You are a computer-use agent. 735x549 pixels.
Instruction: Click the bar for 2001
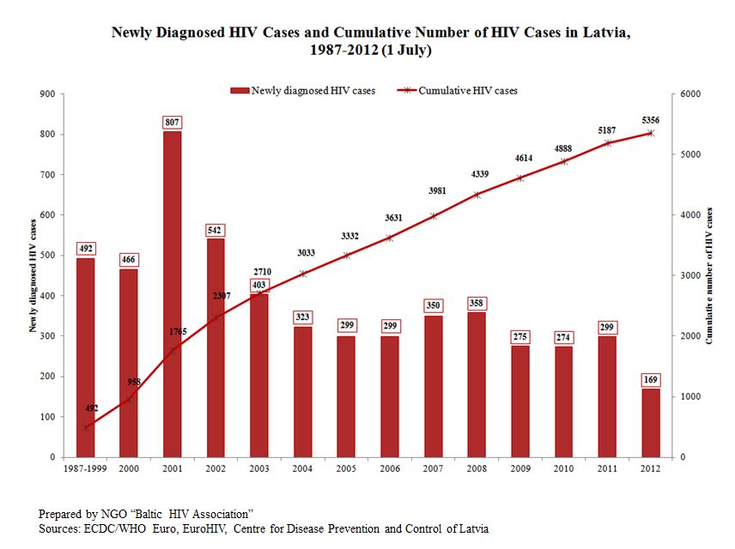coord(172,294)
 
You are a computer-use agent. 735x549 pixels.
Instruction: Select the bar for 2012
coord(651,423)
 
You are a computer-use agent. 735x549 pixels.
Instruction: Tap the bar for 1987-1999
coord(85,358)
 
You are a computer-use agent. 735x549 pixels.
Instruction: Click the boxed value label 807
coord(172,123)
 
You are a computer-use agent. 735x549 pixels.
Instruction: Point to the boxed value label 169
coord(651,379)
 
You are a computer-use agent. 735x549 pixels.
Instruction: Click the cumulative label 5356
coord(651,120)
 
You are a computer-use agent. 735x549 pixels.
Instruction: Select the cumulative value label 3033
coord(306,253)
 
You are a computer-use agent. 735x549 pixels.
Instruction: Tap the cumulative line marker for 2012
coord(651,134)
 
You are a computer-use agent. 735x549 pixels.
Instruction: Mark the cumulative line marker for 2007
coord(433,216)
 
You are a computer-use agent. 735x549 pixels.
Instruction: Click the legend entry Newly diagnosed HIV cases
coord(303,91)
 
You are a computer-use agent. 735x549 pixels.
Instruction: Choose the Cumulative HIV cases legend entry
coord(458,91)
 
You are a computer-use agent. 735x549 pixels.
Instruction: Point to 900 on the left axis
coord(48,94)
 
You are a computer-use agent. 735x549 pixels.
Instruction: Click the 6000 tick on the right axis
coord(690,94)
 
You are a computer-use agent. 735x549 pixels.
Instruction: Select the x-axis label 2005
coord(346,468)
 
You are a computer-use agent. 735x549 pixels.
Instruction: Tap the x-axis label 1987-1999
coord(85,468)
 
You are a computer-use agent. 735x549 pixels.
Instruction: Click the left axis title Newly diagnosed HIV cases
coord(33,275)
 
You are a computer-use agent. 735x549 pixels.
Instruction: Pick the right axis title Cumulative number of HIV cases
coord(708,275)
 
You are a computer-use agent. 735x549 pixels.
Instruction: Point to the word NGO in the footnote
coord(114,515)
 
